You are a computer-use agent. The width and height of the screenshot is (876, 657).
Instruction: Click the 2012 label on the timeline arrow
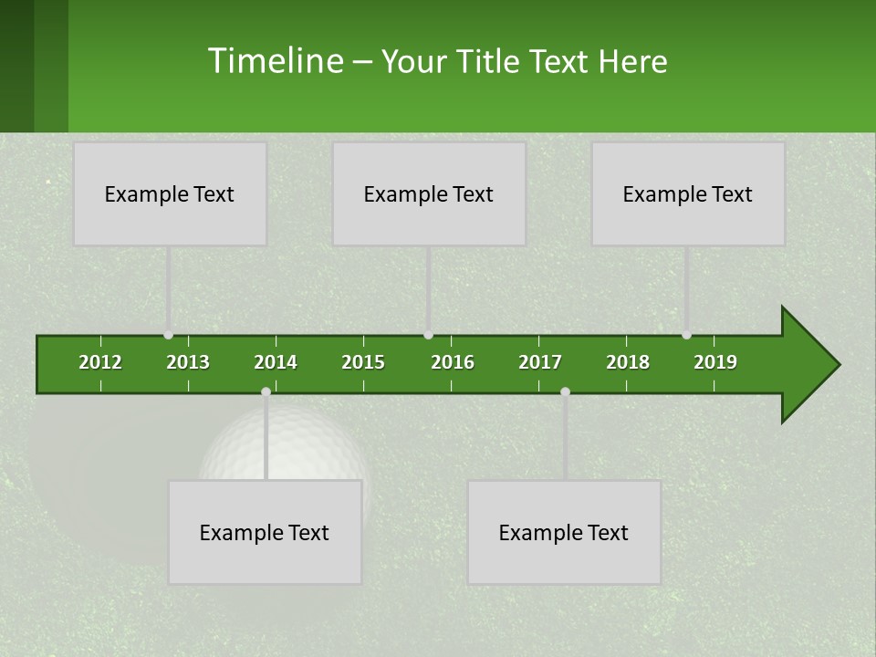pyautogui.click(x=100, y=362)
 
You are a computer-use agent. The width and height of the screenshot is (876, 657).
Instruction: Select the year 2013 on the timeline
pyautogui.click(x=188, y=362)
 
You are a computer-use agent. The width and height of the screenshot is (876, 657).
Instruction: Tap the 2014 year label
pyautogui.click(x=276, y=362)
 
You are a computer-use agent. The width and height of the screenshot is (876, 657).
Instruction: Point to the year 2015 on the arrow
pyautogui.click(x=363, y=362)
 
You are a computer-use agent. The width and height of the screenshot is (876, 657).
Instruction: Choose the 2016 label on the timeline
pyautogui.click(x=453, y=362)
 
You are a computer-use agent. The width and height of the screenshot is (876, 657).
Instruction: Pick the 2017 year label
pyautogui.click(x=540, y=362)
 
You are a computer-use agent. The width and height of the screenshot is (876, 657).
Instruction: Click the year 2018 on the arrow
pyautogui.click(x=628, y=362)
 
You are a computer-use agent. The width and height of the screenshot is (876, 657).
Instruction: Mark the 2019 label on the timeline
pyautogui.click(x=715, y=362)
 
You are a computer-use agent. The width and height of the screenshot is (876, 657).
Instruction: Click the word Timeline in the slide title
pyautogui.click(x=275, y=61)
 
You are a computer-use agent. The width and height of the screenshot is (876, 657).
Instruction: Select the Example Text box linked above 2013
pyautogui.click(x=170, y=193)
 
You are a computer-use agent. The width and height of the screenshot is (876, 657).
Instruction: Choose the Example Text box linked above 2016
pyautogui.click(x=429, y=193)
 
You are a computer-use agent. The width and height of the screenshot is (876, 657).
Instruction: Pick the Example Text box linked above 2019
pyautogui.click(x=688, y=193)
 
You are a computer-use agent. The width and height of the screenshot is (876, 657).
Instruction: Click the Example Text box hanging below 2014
pyautogui.click(x=265, y=532)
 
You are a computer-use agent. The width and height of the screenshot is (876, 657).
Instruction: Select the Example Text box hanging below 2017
pyautogui.click(x=564, y=532)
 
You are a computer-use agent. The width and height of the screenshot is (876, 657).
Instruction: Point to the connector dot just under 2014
pyautogui.click(x=266, y=391)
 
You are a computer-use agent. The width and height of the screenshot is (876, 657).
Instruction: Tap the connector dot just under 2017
pyautogui.click(x=565, y=391)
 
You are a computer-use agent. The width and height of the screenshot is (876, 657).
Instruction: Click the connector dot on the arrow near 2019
pyautogui.click(x=686, y=335)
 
